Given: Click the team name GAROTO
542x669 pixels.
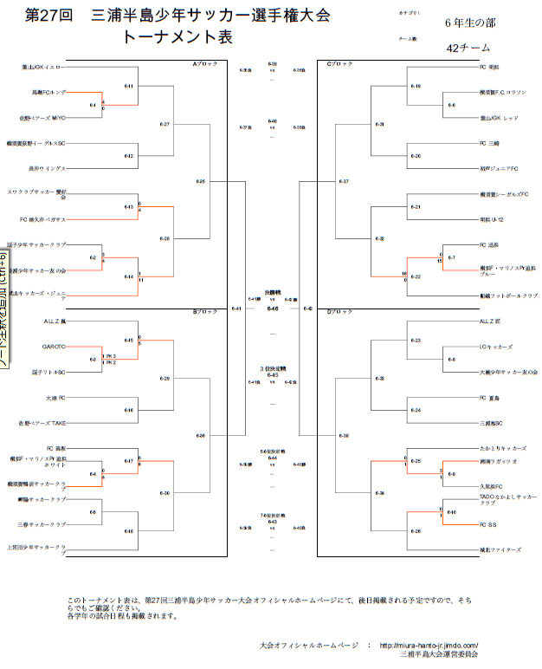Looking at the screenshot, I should (x=55, y=347).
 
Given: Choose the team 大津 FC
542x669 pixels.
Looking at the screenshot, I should (x=56, y=398).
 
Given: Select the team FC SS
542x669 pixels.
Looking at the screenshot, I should (x=488, y=524).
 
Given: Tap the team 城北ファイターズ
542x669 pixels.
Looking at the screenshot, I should (x=500, y=549).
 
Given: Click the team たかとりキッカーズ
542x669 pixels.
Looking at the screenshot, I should (x=503, y=448).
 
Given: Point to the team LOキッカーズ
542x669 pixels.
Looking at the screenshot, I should (x=497, y=347).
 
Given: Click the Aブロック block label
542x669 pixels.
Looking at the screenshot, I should (x=205, y=63).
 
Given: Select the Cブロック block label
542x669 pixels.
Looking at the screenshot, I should (x=339, y=63).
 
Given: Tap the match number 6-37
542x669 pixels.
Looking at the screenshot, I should (x=344, y=181).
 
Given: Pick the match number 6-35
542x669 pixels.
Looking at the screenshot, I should (x=201, y=181).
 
